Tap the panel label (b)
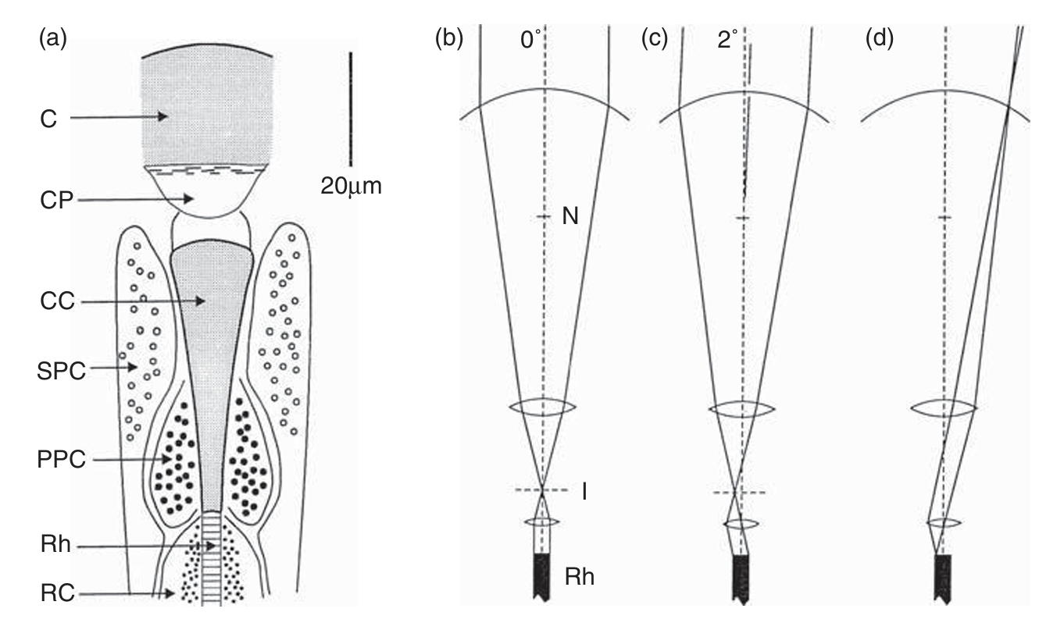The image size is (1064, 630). (x=448, y=39)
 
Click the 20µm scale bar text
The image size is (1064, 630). (x=351, y=186)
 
